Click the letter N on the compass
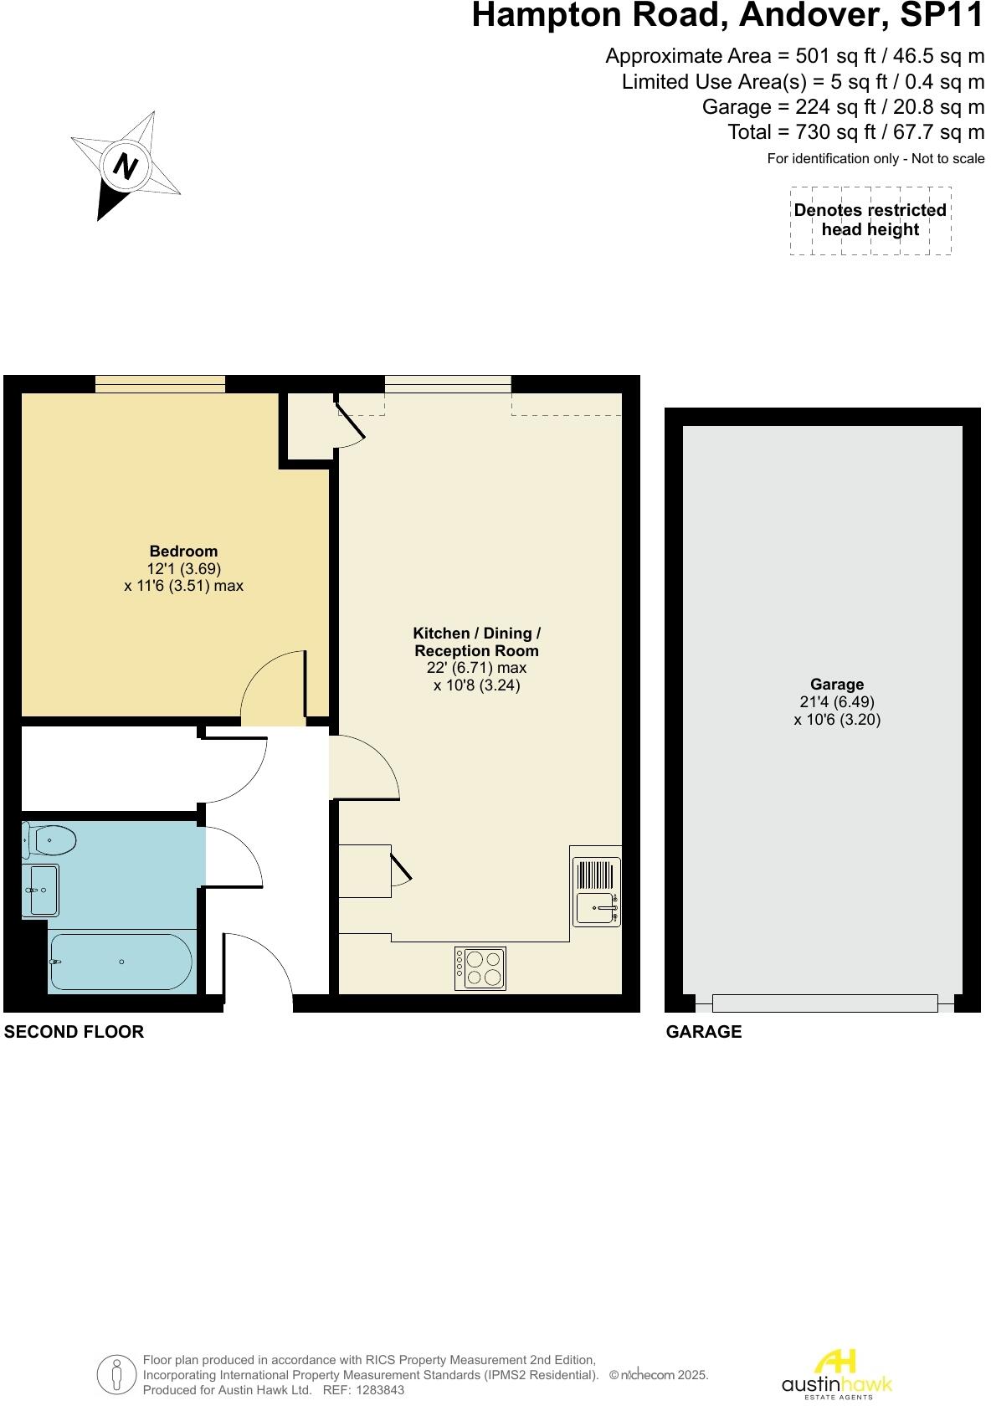click(x=126, y=166)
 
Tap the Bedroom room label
click(x=183, y=551)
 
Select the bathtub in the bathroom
click(x=121, y=962)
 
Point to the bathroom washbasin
click(x=43, y=890)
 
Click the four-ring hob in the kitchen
click(x=480, y=967)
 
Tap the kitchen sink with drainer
click(x=597, y=892)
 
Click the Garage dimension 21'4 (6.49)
click(x=836, y=702)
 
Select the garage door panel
click(x=824, y=1003)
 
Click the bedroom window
click(x=160, y=383)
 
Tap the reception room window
click(x=448, y=383)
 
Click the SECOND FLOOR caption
click(x=74, y=1031)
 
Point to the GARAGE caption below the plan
click(x=703, y=1031)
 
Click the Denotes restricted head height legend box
click(x=870, y=220)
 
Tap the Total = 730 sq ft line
click(x=855, y=132)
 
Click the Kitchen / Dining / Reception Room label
click(x=476, y=642)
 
